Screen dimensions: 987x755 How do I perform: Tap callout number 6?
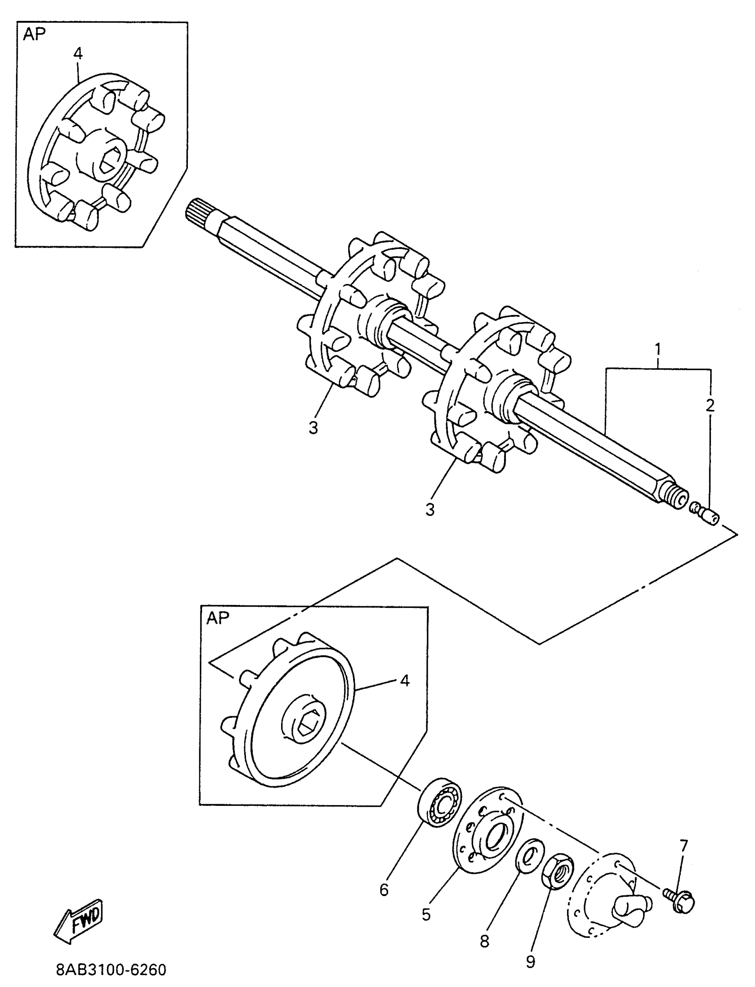[384, 889]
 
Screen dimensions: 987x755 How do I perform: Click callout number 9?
[530, 961]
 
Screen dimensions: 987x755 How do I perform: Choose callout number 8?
[484, 940]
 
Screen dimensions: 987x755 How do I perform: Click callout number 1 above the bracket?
[657, 348]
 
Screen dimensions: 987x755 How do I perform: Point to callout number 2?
[710, 406]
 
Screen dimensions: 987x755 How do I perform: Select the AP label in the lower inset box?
[218, 619]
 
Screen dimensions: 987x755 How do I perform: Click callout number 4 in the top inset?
[78, 53]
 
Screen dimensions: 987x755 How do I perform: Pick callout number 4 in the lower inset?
[405, 681]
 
